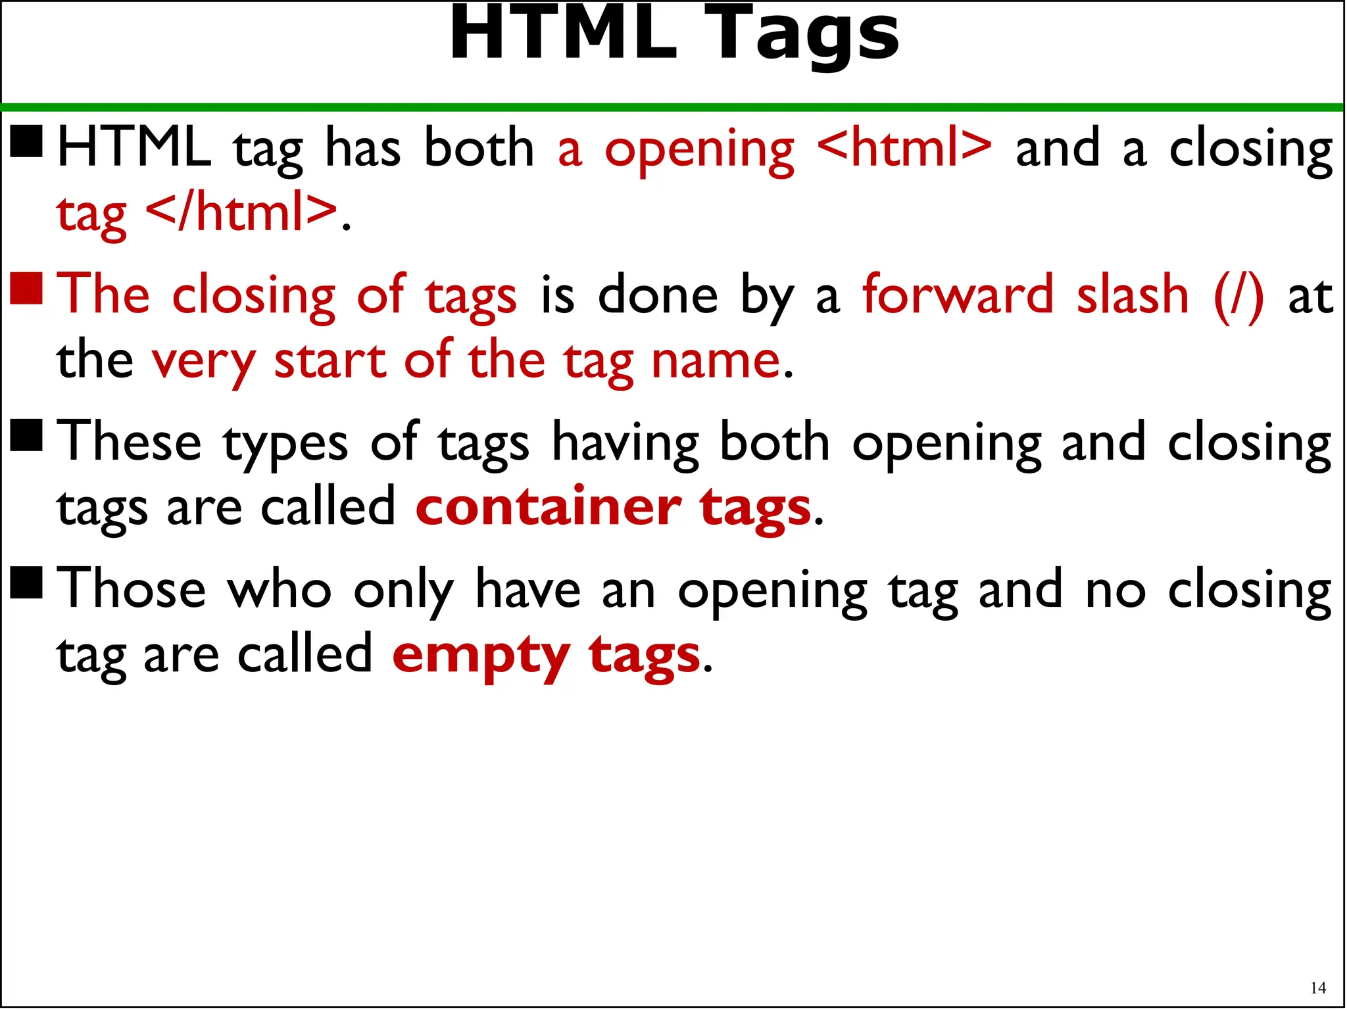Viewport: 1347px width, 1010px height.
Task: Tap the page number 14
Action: pos(1318,988)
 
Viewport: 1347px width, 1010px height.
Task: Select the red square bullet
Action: pos(27,289)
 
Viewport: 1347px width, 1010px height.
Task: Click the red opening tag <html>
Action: pos(904,148)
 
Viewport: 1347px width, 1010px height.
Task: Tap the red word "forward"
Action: pos(958,294)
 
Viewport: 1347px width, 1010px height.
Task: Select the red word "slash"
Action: pos(1133,294)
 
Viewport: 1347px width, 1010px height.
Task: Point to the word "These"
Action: pos(129,442)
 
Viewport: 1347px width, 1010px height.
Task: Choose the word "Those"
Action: pos(132,589)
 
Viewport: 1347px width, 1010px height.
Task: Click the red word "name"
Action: pos(715,361)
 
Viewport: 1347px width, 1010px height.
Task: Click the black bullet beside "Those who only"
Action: pos(27,583)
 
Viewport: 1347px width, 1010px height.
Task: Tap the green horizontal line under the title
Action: pos(673,107)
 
